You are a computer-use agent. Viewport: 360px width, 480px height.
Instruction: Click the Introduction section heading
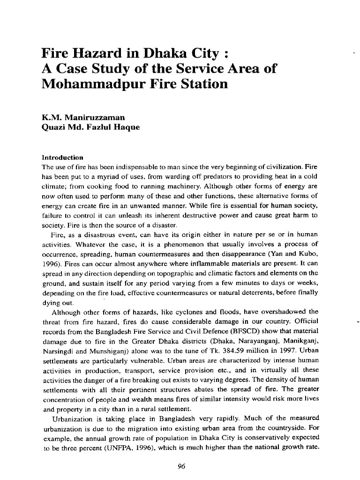62,157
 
